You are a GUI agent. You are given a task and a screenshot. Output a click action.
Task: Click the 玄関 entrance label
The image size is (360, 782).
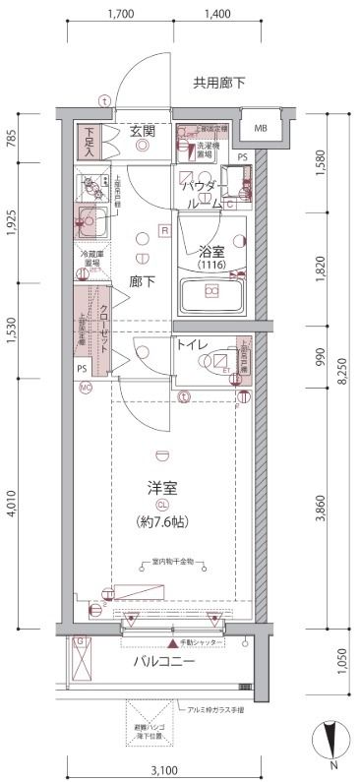point(144,130)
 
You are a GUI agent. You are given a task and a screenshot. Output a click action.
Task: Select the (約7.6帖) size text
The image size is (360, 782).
point(162,521)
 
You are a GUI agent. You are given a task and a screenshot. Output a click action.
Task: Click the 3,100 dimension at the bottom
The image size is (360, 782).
point(164,768)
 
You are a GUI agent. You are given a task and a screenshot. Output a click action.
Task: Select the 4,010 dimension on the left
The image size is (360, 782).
point(10,507)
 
